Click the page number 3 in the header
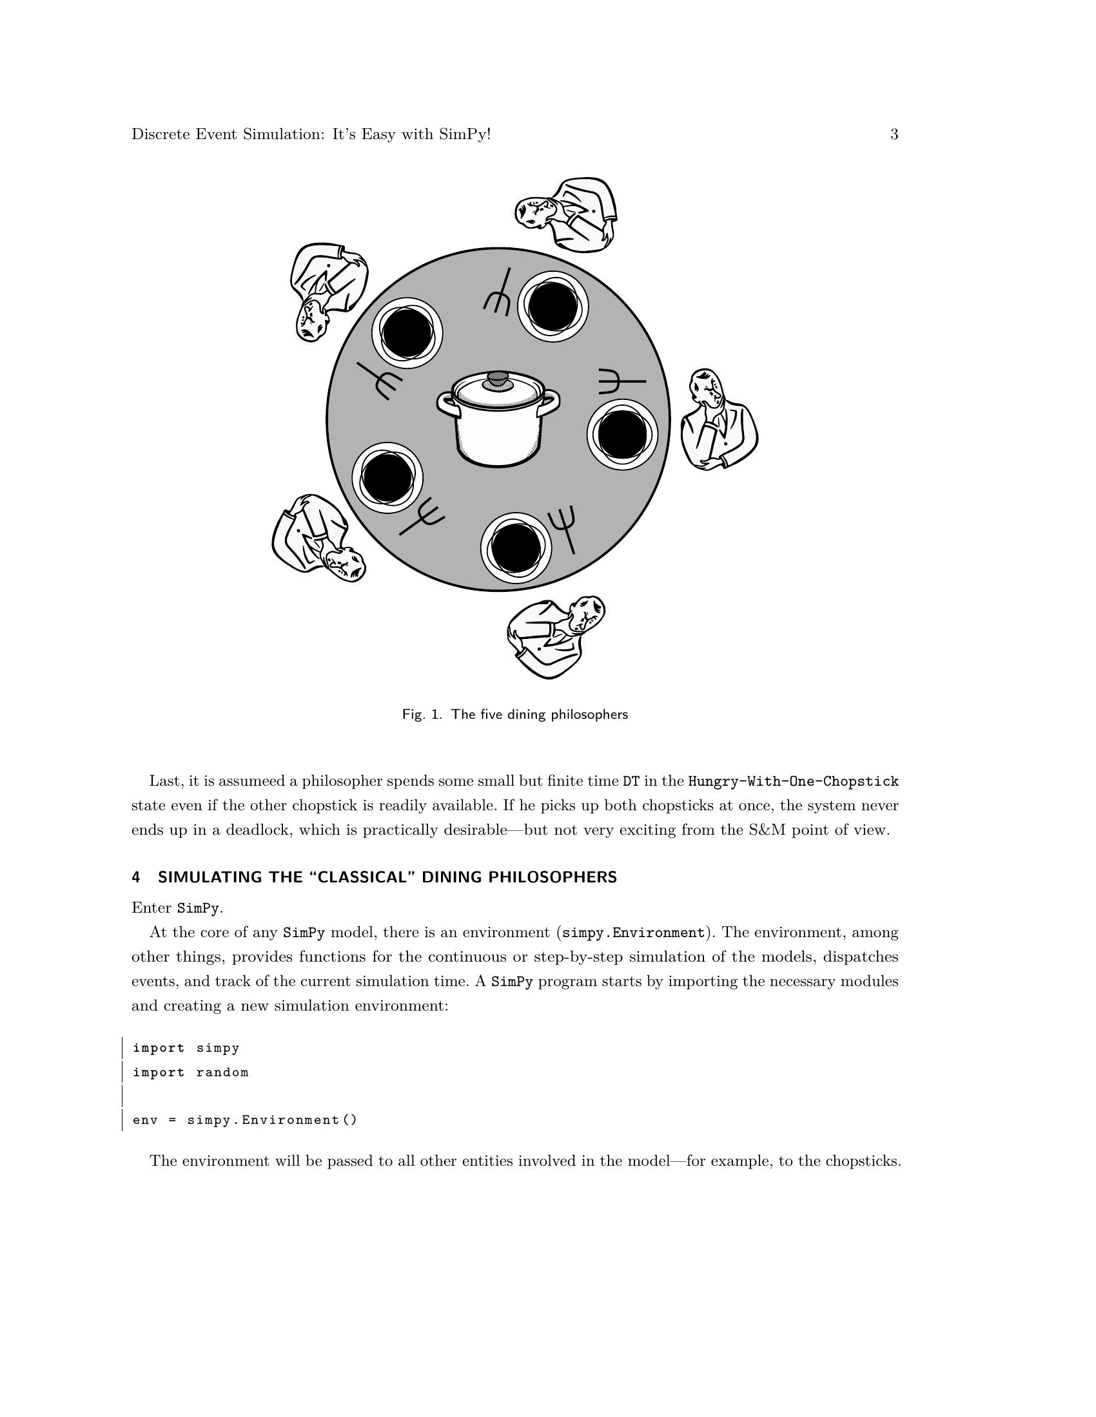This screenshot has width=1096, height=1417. [894, 135]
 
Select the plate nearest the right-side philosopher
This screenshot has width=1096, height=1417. [622, 434]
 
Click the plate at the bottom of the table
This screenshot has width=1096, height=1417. [516, 547]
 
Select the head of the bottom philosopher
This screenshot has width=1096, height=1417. [585, 613]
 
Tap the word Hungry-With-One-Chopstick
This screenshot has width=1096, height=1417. [793, 781]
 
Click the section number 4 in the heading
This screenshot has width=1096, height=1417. [135, 877]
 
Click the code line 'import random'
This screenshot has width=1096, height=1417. [191, 1072]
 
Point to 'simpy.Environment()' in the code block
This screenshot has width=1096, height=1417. [272, 1121]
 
